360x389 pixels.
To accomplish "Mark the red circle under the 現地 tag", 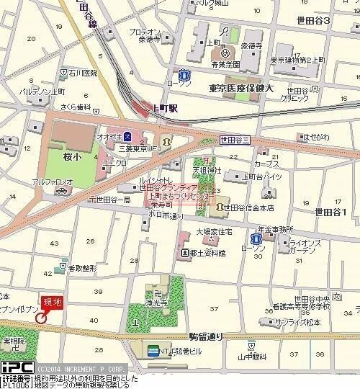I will pyautogui.click(x=41, y=316).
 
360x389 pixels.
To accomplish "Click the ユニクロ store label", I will pyautogui.click(x=114, y=163).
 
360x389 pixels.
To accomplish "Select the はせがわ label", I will pyautogui.click(x=315, y=136).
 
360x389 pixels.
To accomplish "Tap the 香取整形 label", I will pyautogui.click(x=83, y=268).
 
